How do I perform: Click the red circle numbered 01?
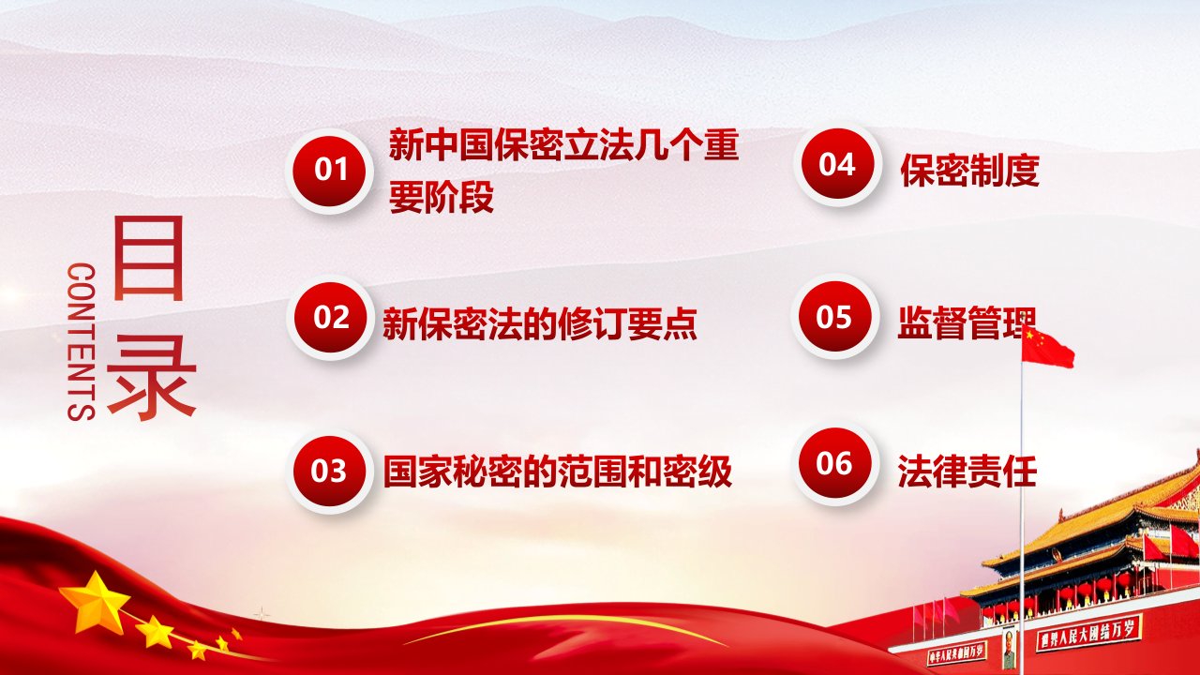click(x=330, y=171)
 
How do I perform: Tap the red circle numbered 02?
click(x=330, y=317)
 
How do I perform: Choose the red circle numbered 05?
click(x=835, y=316)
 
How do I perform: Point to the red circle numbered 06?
click(x=835, y=463)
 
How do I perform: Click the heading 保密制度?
click(x=969, y=171)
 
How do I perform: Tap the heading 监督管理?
click(x=967, y=323)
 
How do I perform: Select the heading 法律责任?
click(x=967, y=471)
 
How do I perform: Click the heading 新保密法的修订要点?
click(x=540, y=324)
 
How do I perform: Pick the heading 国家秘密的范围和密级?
click(x=558, y=472)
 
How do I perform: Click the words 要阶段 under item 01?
click(x=442, y=197)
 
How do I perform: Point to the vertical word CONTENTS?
click(x=82, y=341)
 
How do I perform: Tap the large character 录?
click(x=152, y=377)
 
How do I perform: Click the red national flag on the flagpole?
click(x=1047, y=348)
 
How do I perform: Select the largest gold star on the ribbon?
click(x=95, y=603)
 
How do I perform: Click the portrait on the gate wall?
click(x=1010, y=647)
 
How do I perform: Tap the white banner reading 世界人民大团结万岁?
click(x=1089, y=632)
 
